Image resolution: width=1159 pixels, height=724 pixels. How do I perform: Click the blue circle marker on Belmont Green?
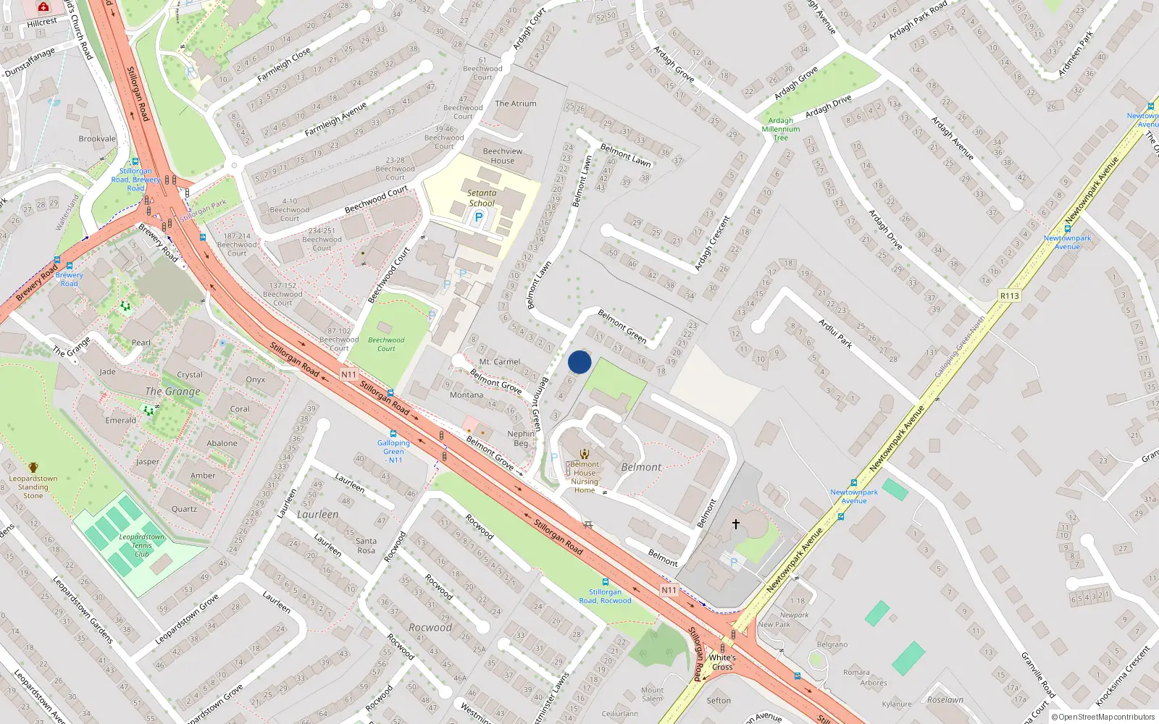pos(579,362)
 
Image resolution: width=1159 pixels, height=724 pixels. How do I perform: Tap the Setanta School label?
pos(482,198)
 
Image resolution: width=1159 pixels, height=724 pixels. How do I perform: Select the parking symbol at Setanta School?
pos(478,216)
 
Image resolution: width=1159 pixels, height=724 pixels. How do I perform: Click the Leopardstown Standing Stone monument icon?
pos(33,468)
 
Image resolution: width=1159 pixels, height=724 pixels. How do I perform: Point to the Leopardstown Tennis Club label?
pos(142,545)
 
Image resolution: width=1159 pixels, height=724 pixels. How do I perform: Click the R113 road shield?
pos(1009,295)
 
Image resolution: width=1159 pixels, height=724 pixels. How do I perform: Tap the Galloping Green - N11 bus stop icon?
pos(393,433)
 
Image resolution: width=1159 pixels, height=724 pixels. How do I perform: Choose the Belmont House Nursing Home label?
pos(585,477)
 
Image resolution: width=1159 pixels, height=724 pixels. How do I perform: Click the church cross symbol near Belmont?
pos(736,523)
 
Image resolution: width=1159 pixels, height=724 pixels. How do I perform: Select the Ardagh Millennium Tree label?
pos(781,129)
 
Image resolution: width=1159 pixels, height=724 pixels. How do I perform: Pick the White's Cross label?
pos(722,662)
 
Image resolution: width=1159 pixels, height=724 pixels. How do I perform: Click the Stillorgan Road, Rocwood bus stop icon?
pos(605,582)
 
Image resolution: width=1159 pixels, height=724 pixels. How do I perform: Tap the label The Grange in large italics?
pos(172,392)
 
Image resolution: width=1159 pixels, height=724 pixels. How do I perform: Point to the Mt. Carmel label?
pos(500,361)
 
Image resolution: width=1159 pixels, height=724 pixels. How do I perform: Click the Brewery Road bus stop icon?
pos(70,266)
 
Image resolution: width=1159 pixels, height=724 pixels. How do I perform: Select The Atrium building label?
pos(516,104)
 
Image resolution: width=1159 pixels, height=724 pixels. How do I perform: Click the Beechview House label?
pos(503,156)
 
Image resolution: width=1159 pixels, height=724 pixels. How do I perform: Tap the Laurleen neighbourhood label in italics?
pos(317,514)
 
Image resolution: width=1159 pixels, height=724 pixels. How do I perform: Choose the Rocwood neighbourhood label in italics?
pos(430,628)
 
